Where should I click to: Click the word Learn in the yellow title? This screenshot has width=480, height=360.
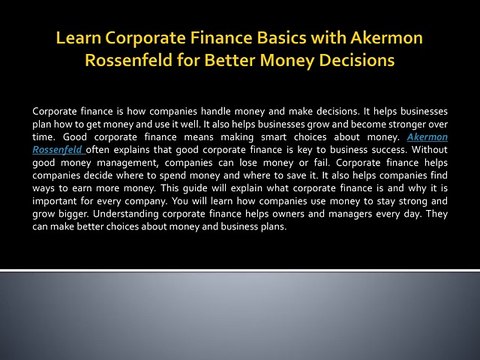point(79,38)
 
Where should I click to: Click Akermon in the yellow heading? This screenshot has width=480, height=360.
point(387,38)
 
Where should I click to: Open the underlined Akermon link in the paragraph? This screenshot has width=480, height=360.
point(427,137)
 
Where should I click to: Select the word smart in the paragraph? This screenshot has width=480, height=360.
point(273,137)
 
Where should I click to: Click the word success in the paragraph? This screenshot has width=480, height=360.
point(389,150)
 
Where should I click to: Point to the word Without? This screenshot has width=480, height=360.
point(430,150)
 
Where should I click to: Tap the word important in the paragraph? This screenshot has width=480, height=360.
point(54,201)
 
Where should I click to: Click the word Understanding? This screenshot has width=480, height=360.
point(126,214)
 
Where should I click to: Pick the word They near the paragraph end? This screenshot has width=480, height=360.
point(437,214)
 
